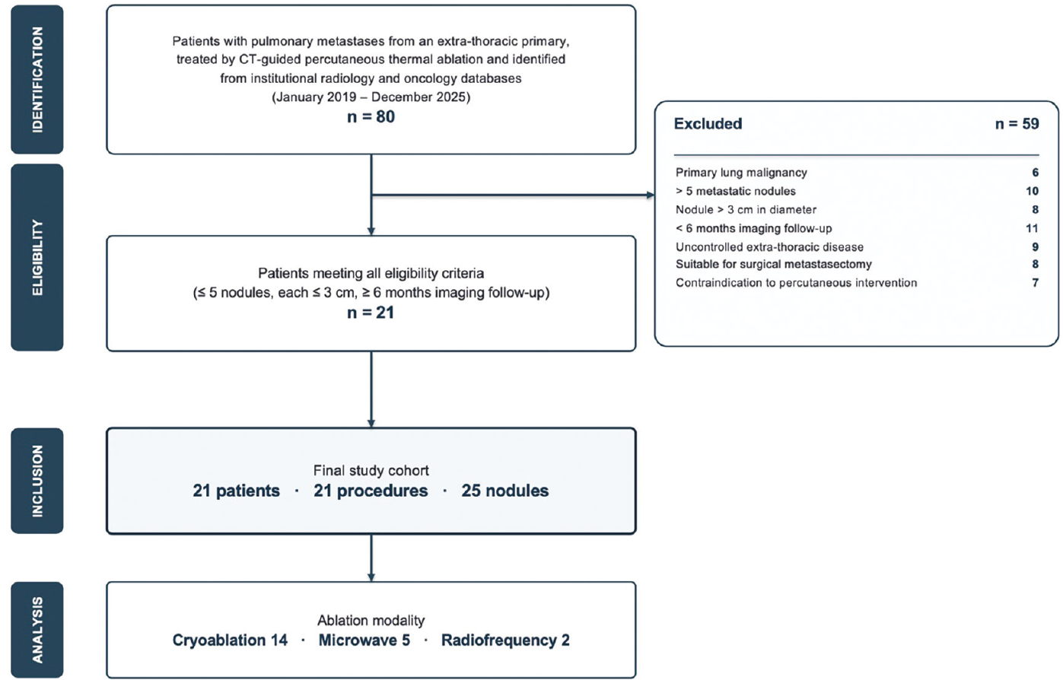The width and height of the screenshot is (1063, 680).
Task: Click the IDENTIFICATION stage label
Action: tap(37, 80)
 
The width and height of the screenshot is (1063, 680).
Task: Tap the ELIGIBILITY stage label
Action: tap(37, 258)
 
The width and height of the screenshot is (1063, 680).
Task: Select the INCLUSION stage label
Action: tap(37, 481)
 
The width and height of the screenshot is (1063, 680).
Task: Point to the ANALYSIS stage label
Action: tap(37, 630)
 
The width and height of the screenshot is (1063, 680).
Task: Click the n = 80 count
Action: tap(371, 116)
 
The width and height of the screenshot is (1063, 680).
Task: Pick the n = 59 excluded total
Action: tap(1017, 124)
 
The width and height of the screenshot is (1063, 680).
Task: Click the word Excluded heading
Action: tap(708, 124)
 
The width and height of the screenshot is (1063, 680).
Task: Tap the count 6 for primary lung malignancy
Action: tap(1035, 172)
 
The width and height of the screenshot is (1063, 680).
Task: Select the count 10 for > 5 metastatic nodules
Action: tap(1032, 191)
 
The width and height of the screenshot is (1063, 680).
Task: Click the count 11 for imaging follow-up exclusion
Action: tap(1032, 228)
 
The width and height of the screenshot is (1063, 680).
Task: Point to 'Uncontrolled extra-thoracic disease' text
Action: tap(770, 247)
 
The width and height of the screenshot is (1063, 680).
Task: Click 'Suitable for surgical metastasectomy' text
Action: tap(774, 264)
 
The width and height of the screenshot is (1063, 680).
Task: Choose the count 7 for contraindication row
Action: tap(1035, 283)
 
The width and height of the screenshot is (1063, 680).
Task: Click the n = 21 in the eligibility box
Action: tap(371, 313)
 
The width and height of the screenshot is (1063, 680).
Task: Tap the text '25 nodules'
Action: tap(505, 491)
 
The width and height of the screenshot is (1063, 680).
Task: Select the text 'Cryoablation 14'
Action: tap(230, 640)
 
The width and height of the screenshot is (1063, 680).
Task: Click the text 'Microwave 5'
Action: tap(364, 640)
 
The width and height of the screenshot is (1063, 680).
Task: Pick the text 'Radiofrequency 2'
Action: tap(505, 640)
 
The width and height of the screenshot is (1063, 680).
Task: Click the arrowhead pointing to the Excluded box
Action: tap(650, 195)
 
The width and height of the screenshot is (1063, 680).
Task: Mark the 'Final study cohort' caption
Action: tap(371, 470)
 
